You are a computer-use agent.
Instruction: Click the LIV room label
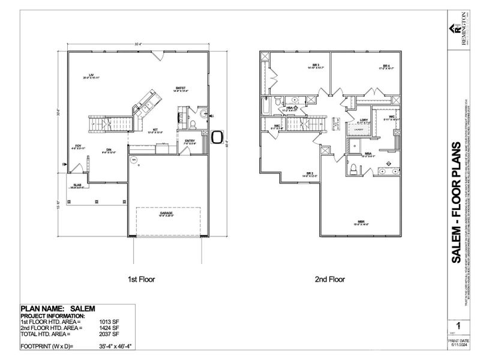point(92,75)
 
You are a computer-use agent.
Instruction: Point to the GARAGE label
point(166,213)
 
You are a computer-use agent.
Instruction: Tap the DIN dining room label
point(109,149)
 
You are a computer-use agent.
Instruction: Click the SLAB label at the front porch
point(77,185)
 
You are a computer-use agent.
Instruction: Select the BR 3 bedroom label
point(298,65)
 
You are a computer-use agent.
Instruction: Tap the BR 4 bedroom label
point(386,65)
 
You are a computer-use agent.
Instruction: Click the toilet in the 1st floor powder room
point(193,124)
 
